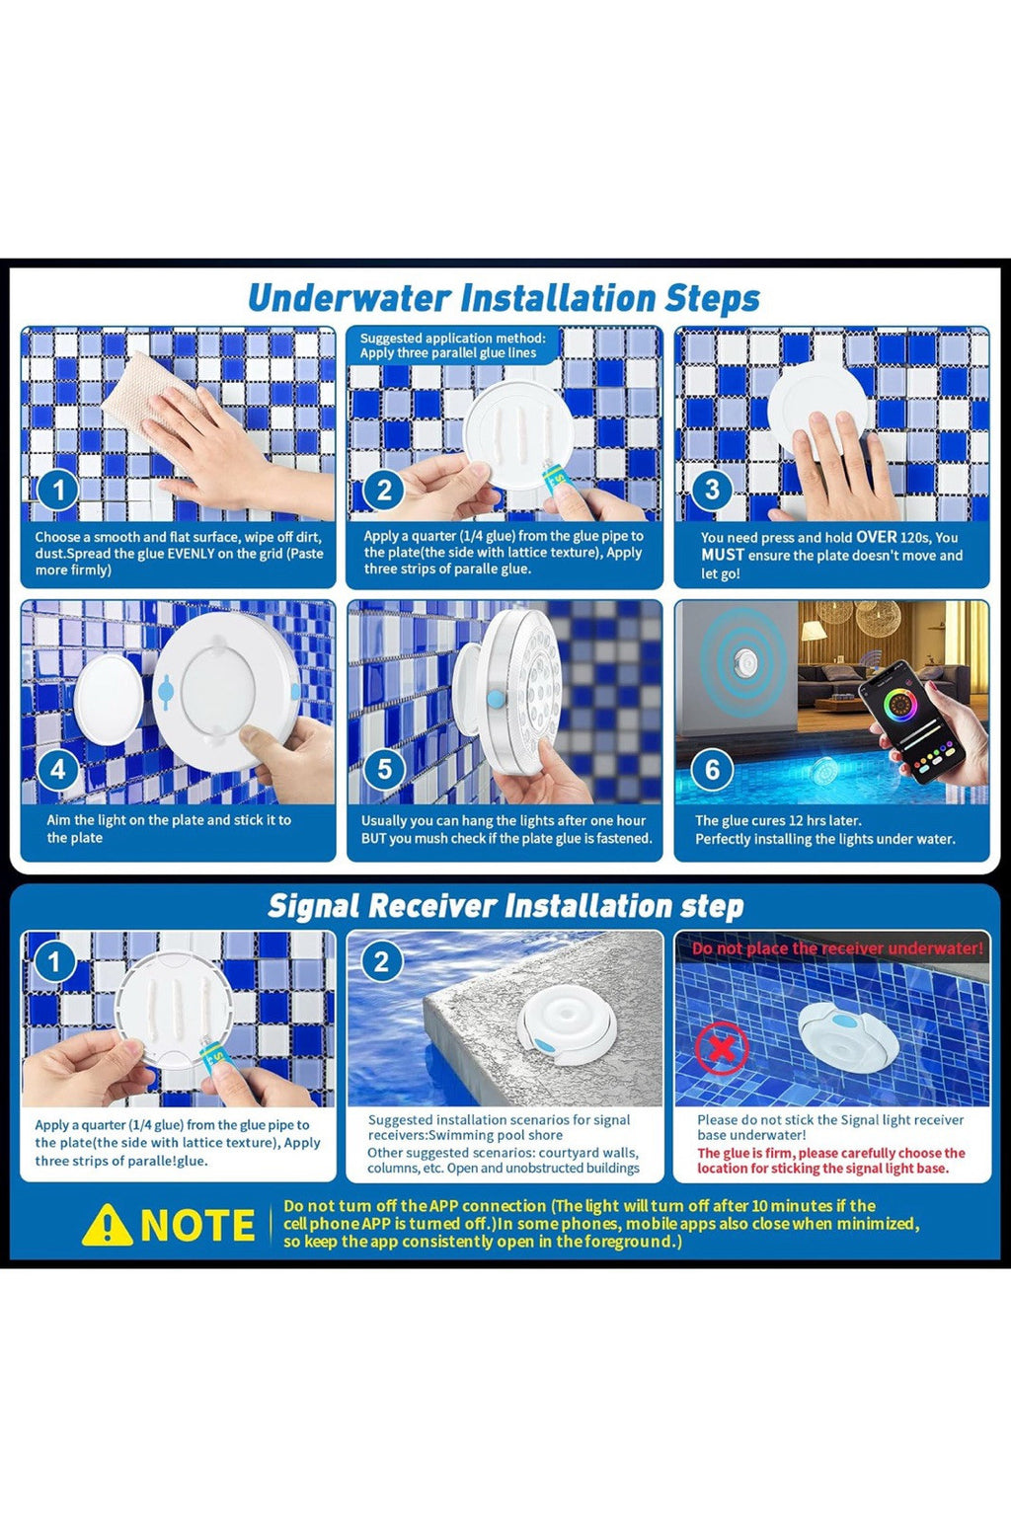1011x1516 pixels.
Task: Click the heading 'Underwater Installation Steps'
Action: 504,298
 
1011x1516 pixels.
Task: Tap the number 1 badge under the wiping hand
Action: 57,490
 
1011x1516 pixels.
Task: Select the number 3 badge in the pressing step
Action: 712,490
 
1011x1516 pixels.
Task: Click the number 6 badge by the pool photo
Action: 712,769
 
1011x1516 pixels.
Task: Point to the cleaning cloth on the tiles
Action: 152,391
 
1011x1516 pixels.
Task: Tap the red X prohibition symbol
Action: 722,1048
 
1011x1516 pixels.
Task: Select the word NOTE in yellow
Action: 197,1225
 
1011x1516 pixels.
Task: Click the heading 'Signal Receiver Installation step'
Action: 505,905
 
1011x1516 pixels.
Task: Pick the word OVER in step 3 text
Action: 876,537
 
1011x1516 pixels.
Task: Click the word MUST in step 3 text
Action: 723,555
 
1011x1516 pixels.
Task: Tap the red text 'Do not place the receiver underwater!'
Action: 837,948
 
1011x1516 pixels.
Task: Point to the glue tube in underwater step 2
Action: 560,479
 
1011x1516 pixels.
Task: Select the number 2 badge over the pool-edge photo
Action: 381,961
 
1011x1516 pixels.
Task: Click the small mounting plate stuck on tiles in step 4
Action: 109,700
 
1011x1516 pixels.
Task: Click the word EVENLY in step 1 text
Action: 193,553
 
